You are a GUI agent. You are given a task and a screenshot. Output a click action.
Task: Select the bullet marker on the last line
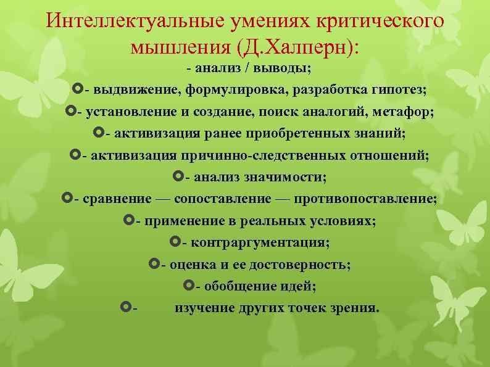[x=126, y=307]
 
